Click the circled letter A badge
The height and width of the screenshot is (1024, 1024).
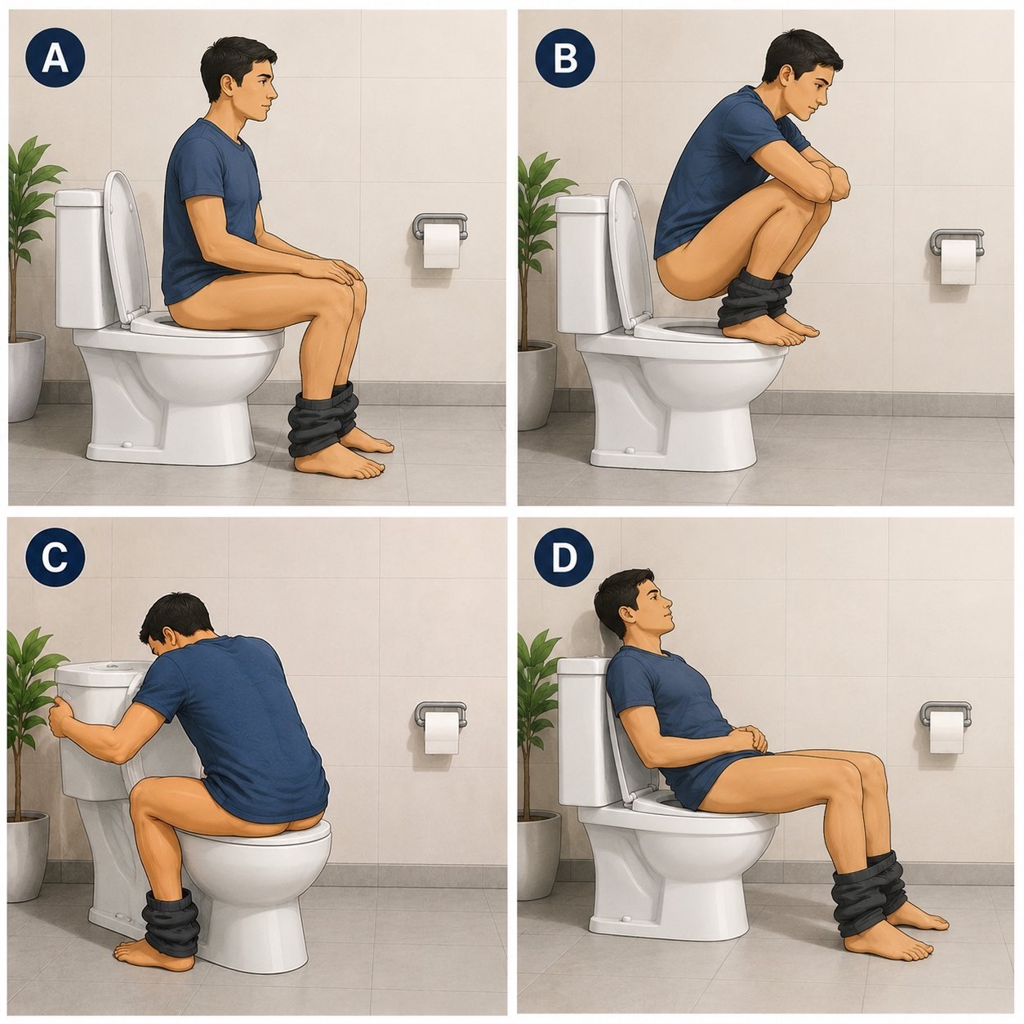(x=56, y=57)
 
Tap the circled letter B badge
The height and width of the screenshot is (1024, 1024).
(x=565, y=57)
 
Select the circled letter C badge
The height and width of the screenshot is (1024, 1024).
(x=56, y=558)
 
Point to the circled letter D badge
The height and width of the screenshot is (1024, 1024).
(x=563, y=558)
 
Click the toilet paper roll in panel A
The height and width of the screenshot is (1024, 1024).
(x=442, y=246)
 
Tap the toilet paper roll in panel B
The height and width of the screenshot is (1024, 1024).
(x=958, y=261)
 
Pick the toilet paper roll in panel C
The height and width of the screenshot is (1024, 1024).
(x=442, y=733)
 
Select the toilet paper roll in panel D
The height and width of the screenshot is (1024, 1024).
(x=947, y=732)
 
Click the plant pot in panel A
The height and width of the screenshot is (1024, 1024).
(x=25, y=376)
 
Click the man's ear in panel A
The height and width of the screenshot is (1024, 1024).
(x=228, y=84)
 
